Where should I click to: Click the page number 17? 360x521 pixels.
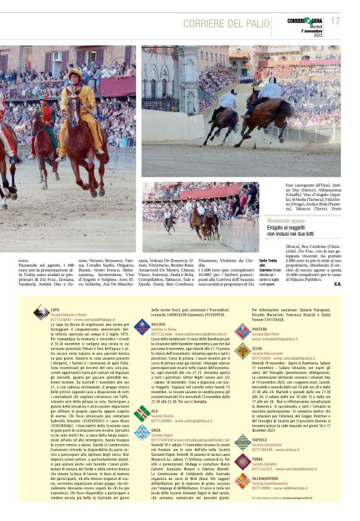click(335, 21)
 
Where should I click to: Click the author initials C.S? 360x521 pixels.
click(337, 283)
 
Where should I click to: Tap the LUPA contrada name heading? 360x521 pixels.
click(55, 309)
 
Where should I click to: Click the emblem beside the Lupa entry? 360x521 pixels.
click(41, 311)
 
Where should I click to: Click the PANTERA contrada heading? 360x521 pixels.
click(260, 329)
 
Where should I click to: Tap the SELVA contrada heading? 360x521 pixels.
click(257, 349)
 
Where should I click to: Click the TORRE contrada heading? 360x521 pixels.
click(258, 458)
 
